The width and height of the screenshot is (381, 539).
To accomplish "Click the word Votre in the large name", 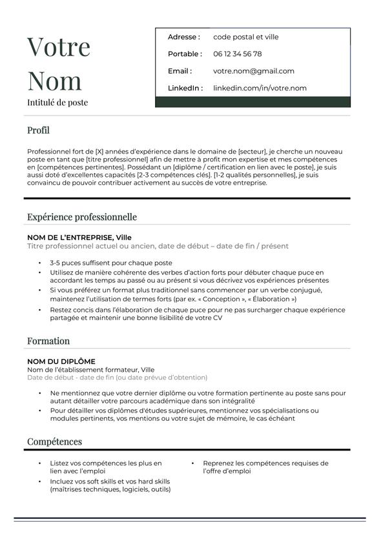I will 59,47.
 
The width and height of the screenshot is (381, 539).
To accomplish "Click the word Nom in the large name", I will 55,81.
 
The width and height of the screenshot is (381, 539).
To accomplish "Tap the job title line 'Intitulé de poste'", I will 57,103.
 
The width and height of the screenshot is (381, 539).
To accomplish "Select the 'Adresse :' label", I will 183,37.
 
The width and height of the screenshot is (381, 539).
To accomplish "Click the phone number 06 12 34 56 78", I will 237,54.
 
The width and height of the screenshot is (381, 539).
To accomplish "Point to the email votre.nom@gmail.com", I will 253,71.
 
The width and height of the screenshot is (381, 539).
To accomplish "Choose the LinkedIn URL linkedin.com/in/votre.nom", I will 260,88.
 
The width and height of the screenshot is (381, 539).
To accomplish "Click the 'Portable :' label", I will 185,54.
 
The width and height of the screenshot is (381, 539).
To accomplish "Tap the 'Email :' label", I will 180,71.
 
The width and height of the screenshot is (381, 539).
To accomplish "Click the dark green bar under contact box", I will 252,102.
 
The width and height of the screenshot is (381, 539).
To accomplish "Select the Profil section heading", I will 38,130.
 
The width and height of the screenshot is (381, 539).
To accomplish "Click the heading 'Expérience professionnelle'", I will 82,217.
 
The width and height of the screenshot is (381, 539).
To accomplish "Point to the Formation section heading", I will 48,341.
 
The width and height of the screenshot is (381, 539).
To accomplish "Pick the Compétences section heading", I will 54,442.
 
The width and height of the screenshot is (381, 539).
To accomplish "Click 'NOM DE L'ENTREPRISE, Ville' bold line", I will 79,238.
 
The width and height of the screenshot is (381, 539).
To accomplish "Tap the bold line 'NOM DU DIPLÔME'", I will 61,361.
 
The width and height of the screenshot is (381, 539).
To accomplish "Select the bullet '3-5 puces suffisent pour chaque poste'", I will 111,263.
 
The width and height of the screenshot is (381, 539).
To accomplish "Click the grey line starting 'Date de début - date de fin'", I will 118,378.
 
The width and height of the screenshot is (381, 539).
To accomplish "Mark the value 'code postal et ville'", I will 246,37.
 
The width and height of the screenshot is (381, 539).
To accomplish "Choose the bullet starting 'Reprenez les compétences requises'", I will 265,467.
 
